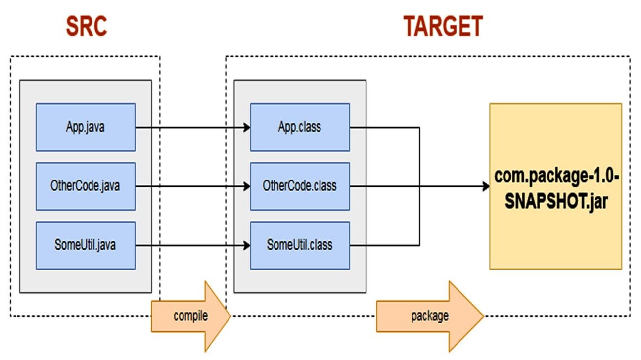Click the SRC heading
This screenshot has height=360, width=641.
(x=87, y=26)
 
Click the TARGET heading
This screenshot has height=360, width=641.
(x=443, y=26)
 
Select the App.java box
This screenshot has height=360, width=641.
(x=86, y=128)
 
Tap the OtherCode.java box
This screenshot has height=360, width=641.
(x=86, y=186)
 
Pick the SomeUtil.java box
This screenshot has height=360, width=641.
(x=86, y=245)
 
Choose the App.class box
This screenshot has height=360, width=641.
(x=300, y=128)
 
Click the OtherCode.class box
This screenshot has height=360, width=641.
(x=300, y=186)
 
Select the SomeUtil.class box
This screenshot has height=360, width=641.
(x=300, y=245)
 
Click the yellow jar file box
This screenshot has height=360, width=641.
(x=556, y=186)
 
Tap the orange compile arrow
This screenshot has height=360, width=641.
(x=191, y=316)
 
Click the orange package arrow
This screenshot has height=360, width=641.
(x=430, y=316)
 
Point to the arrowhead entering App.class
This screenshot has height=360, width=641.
(x=247, y=128)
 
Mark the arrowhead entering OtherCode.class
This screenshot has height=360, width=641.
(x=247, y=186)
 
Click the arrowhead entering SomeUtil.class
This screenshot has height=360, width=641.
(x=247, y=246)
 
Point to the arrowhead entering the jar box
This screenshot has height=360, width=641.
(x=486, y=186)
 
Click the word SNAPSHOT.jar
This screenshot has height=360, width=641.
(x=556, y=201)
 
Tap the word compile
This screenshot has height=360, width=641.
(x=190, y=316)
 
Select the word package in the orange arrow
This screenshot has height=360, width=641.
(x=430, y=316)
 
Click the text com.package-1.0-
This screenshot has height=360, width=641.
(x=556, y=177)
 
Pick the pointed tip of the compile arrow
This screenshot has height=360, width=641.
(x=230, y=316)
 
